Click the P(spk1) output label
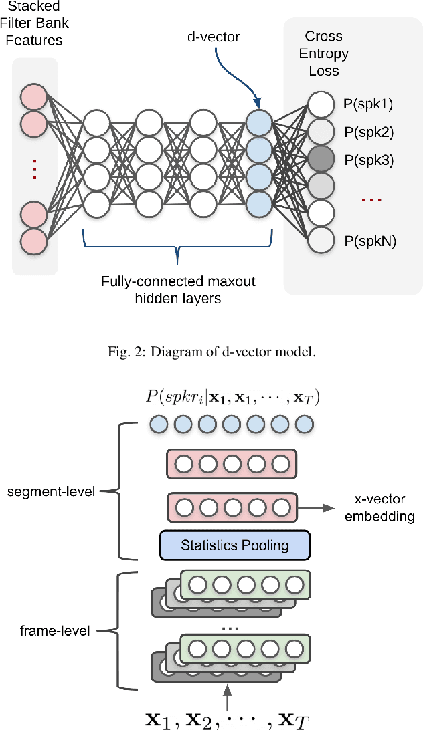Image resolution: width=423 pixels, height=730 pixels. (x=368, y=104)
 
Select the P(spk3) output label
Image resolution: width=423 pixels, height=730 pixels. (x=368, y=160)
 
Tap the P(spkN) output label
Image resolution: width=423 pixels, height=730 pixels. (x=369, y=241)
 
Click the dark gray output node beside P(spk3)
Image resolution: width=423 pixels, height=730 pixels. (x=321, y=160)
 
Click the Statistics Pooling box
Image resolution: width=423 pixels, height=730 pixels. (x=234, y=545)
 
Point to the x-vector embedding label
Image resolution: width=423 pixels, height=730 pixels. (x=379, y=508)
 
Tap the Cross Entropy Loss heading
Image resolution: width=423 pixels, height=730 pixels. (x=323, y=53)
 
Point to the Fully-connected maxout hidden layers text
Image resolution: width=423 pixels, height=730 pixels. (x=177, y=289)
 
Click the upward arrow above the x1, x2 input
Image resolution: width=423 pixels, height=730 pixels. (x=228, y=695)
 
